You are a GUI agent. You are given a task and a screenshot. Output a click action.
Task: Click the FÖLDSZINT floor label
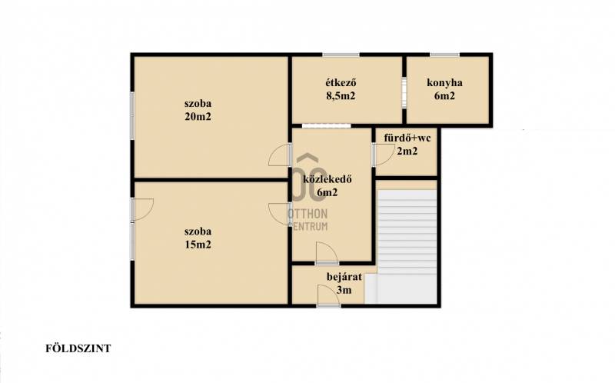(78, 348)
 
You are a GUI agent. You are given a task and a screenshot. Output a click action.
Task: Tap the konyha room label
(444, 83)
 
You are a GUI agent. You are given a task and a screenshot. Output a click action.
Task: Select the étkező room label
(341, 83)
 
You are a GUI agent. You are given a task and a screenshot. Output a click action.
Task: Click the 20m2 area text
(198, 117)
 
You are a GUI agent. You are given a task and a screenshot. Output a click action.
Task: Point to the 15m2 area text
(198, 245)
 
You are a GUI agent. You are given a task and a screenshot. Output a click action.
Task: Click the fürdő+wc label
(407, 138)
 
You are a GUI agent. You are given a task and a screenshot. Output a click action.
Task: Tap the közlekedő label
(327, 180)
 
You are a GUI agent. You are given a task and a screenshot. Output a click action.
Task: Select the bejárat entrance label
(344, 277)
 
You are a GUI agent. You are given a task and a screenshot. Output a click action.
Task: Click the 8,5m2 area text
(341, 95)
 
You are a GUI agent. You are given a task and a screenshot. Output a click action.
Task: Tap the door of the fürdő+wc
(383, 155)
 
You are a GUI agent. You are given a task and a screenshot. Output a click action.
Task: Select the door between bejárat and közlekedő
(327, 253)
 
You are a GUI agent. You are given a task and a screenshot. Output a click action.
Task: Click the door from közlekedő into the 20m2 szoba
(280, 155)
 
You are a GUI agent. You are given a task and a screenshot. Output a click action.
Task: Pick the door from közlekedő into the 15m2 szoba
(280, 214)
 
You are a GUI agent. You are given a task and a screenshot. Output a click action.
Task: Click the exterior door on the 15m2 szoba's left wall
(142, 210)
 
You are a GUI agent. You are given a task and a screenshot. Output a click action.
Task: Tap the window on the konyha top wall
(444, 55)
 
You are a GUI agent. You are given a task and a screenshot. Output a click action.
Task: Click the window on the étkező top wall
(341, 55)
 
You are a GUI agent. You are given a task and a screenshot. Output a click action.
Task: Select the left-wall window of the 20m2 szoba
(132, 116)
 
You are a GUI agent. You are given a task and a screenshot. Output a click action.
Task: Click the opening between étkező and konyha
(404, 92)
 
